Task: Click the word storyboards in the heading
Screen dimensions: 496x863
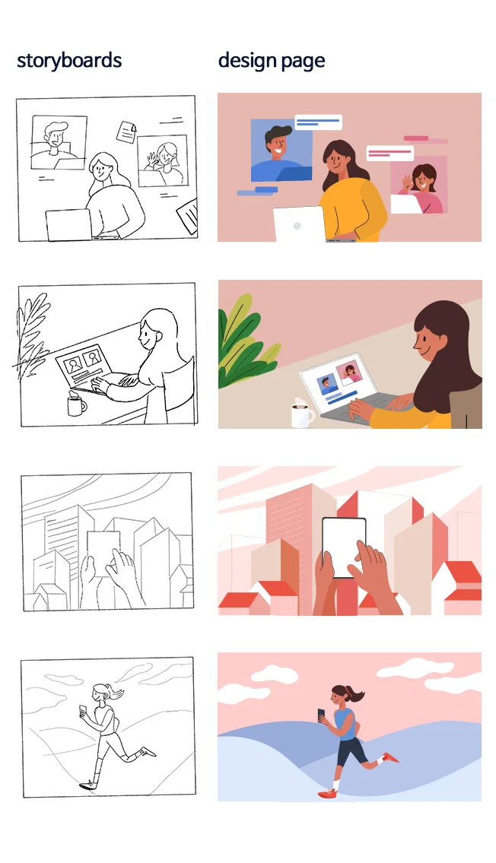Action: coord(69,60)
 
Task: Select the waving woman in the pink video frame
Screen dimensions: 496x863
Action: coord(422,189)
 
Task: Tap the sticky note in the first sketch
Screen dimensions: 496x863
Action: coord(127,132)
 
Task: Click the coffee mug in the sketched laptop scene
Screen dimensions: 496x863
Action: coord(77,405)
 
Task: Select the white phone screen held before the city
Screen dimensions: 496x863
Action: coord(344,547)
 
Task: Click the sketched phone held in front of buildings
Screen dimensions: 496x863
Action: coord(103,553)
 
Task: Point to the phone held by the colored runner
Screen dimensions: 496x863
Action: coord(322,715)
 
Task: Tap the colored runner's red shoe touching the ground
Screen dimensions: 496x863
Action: coord(328,793)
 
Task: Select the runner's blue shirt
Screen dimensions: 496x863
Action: coord(345,723)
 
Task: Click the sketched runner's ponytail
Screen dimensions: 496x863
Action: coord(116,691)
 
